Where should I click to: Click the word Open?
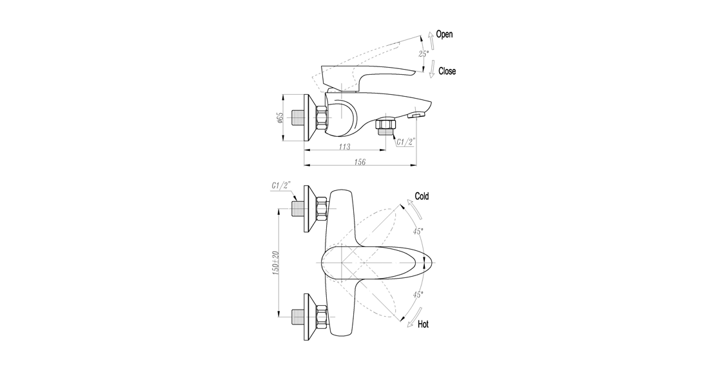[x=444, y=34]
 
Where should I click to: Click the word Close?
[x=447, y=71]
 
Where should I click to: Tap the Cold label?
[x=422, y=196]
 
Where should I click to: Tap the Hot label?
[x=423, y=324]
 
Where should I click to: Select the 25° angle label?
[x=424, y=54]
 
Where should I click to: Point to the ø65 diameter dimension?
[x=280, y=118]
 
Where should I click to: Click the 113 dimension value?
[x=344, y=147]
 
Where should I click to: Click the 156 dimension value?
[x=360, y=162]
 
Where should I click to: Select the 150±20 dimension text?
[x=275, y=263]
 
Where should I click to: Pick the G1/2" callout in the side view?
[x=406, y=143]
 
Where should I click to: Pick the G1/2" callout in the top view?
[x=281, y=186]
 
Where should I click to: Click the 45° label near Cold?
[x=418, y=232]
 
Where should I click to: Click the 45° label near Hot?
[x=418, y=295]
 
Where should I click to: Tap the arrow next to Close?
[x=432, y=69]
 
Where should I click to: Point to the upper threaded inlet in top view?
[x=299, y=210]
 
